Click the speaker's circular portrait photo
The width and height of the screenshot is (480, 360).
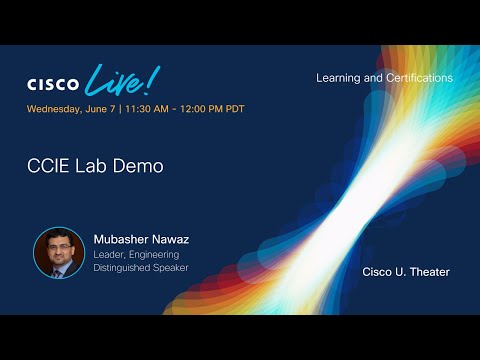click(x=59, y=253)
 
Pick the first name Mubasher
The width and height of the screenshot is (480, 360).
click(x=123, y=240)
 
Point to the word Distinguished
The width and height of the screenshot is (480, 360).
click(x=125, y=267)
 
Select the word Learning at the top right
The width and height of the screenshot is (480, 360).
click(x=340, y=78)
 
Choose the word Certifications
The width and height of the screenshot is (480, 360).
click(x=419, y=78)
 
